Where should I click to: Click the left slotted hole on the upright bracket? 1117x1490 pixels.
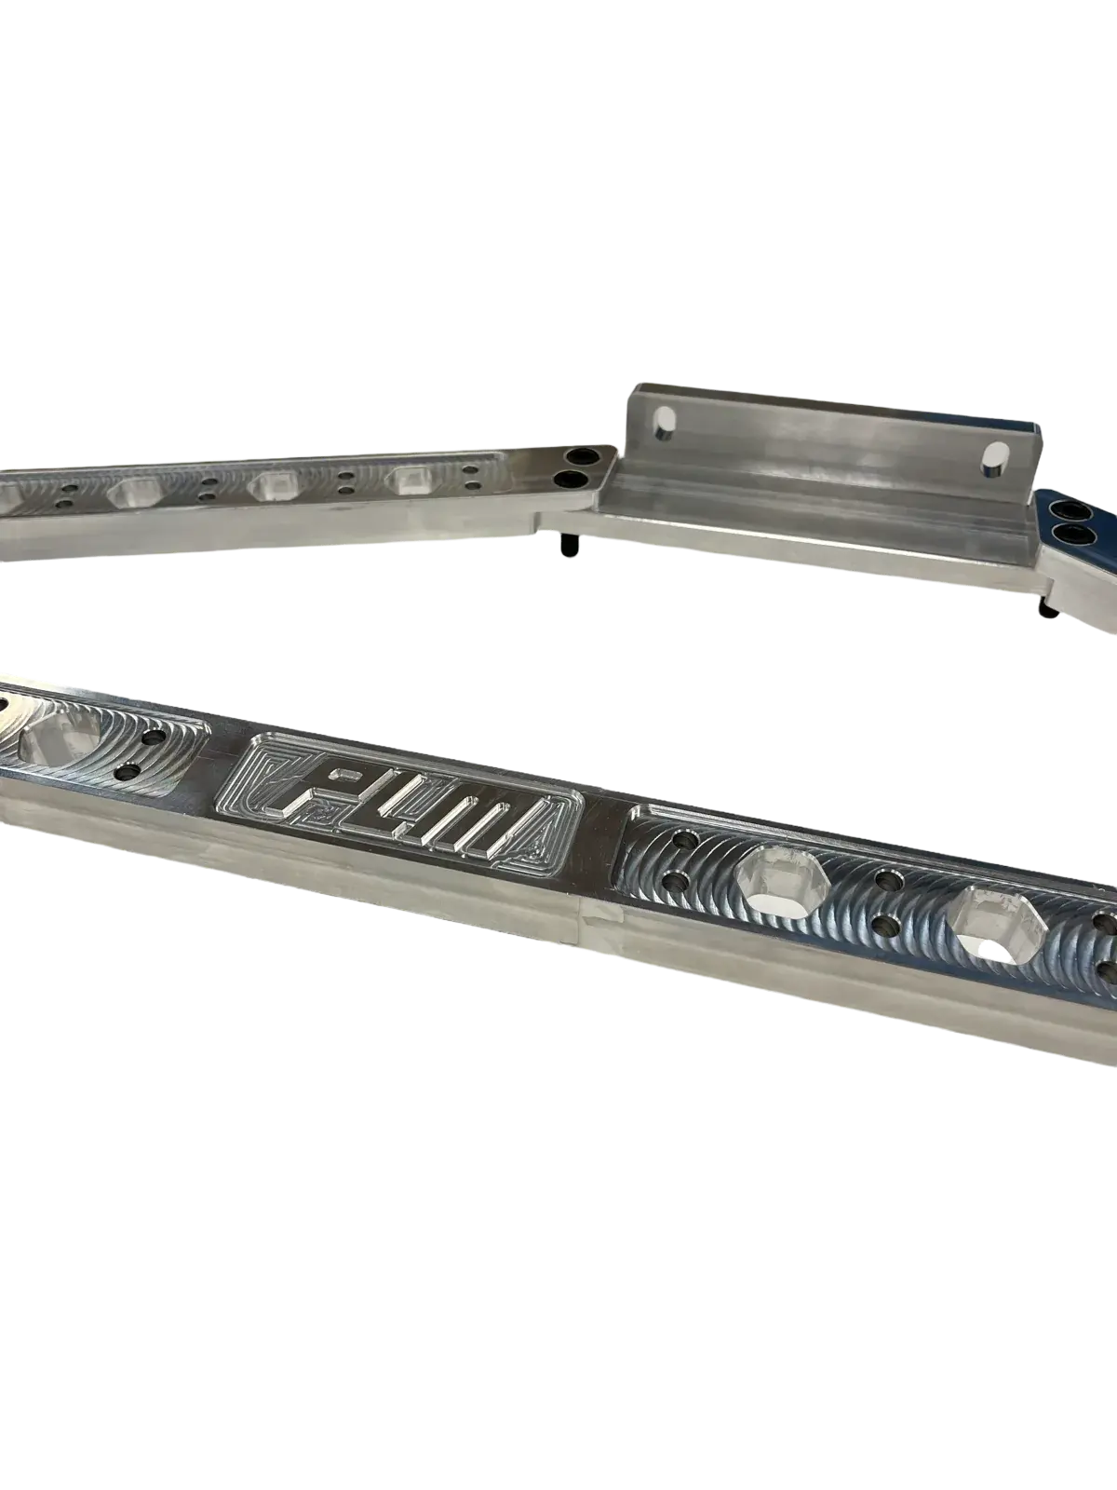click(x=665, y=425)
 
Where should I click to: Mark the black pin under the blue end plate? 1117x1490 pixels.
click(x=1048, y=604)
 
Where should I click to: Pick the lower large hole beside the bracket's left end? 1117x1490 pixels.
click(x=569, y=479)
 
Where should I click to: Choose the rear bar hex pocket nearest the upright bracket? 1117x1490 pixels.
click(x=411, y=481)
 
